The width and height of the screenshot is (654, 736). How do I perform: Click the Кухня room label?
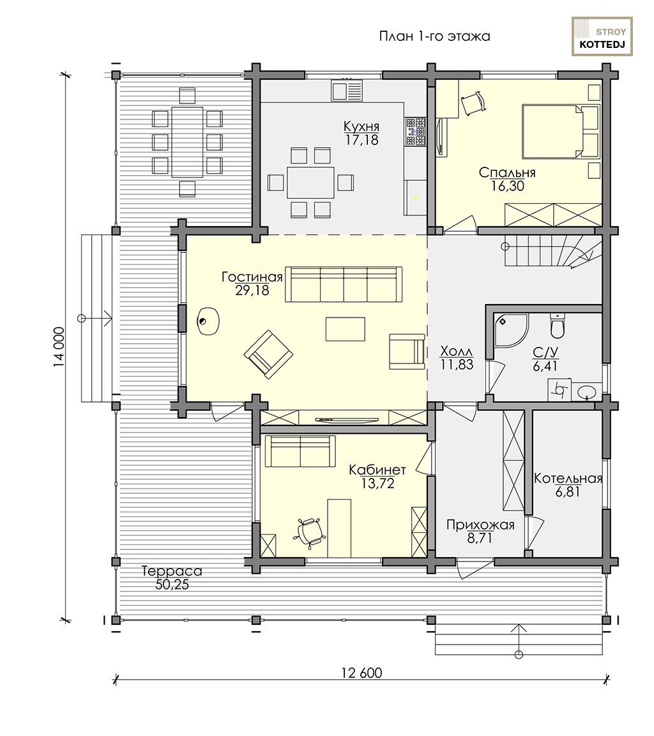tap(361, 126)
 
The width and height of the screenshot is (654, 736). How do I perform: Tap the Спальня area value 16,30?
tap(508, 187)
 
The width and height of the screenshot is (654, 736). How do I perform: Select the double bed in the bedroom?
tap(561, 132)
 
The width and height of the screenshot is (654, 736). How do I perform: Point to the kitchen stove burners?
tap(416, 131)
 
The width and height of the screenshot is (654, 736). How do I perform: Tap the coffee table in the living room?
tap(346, 328)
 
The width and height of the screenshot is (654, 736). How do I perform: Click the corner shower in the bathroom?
tap(511, 330)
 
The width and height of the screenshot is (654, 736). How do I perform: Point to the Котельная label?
tap(568, 479)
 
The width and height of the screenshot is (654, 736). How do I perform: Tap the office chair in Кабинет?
tap(309, 533)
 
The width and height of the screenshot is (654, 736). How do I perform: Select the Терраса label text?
tap(172, 571)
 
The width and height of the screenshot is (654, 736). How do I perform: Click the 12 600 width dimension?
tap(361, 673)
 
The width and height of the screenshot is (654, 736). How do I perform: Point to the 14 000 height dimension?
tap(59, 348)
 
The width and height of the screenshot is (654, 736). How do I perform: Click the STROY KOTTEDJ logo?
tap(602, 36)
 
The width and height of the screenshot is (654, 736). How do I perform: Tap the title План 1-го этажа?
tap(434, 36)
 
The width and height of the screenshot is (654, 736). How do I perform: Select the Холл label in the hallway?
tap(457, 351)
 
